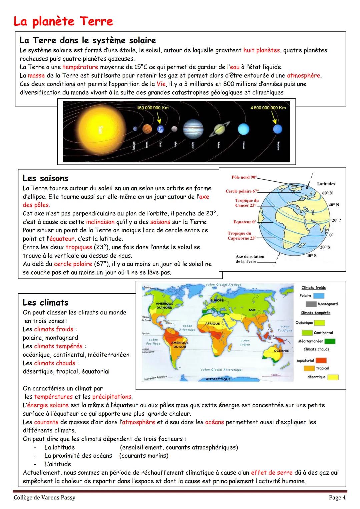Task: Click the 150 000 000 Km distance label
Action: (153, 108)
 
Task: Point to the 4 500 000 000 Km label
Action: (268, 108)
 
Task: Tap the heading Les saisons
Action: (45, 178)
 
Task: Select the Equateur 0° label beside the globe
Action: (245, 222)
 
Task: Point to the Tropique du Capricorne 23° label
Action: (242, 236)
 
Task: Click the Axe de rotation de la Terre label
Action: (250, 259)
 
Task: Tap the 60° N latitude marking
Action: (327, 193)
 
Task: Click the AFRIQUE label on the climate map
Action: (212, 324)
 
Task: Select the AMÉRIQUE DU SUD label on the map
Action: (180, 345)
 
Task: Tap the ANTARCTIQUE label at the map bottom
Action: (218, 379)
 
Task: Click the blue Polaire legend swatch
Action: (319, 296)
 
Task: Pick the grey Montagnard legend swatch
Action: (311, 304)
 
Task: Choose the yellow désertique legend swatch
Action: (333, 377)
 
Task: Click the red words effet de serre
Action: (271, 472)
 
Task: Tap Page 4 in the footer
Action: (337, 498)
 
